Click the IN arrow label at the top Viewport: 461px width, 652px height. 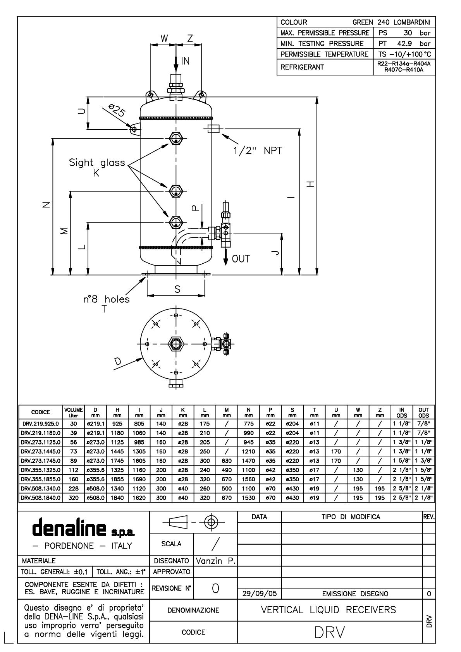pos(186,61)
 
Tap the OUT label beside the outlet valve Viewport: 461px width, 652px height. pos(241,259)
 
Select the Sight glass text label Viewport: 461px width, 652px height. pos(97,163)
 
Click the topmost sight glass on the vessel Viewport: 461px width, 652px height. pos(176,138)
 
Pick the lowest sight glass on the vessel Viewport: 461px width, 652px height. pos(176,222)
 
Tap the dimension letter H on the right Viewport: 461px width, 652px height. pos(310,184)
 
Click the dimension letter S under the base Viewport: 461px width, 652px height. pos(177,289)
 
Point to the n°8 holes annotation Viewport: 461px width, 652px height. pos(107,299)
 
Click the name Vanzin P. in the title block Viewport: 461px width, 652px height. pos(216,561)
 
